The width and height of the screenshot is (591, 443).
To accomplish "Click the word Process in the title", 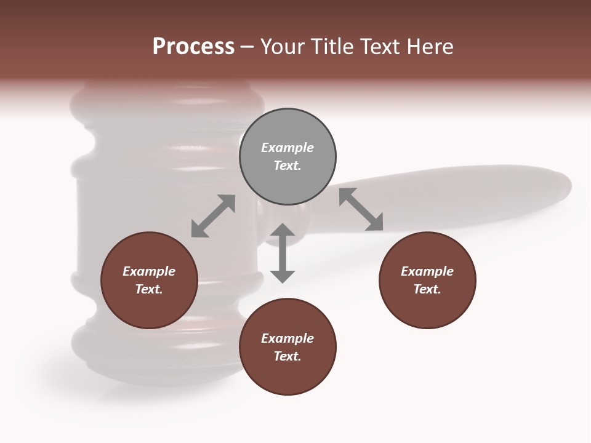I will (x=193, y=46).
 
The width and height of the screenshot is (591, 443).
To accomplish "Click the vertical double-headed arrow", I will (x=283, y=253).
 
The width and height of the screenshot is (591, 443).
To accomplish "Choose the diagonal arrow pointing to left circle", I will (x=213, y=216).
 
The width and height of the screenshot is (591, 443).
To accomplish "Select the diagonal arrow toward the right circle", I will (x=361, y=209).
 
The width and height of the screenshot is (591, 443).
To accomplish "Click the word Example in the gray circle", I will (x=287, y=148).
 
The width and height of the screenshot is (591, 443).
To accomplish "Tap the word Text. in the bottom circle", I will (x=287, y=356).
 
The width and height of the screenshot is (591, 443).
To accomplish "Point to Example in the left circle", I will (x=149, y=271).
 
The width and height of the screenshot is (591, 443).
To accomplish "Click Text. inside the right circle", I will (x=427, y=289).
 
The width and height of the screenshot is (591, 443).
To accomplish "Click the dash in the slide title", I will (x=247, y=47).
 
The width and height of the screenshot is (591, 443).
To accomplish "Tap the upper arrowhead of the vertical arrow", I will (x=283, y=231).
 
